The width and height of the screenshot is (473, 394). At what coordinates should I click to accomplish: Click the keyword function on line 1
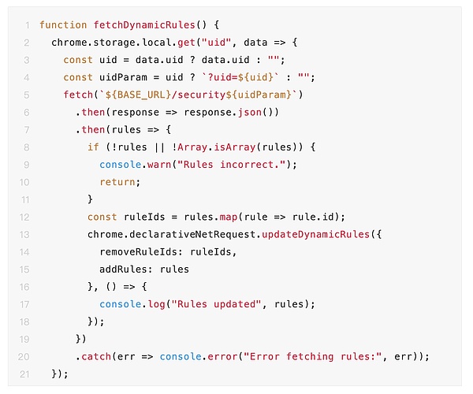(x=63, y=25)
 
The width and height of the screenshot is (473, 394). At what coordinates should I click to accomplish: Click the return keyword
(x=117, y=181)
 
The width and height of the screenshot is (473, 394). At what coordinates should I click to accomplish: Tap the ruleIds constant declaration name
(x=145, y=217)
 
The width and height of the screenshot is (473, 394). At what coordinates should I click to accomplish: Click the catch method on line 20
(x=96, y=356)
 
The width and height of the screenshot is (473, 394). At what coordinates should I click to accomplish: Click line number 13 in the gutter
(x=27, y=234)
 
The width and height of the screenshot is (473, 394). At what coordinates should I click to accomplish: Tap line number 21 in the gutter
(x=27, y=374)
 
